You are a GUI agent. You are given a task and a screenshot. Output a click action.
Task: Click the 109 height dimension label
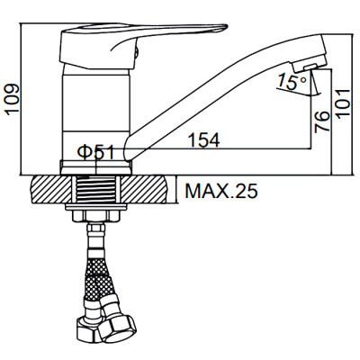click(13, 99)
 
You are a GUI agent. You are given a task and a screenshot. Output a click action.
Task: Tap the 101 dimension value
click(343, 103)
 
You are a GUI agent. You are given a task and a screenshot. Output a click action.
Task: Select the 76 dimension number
click(322, 121)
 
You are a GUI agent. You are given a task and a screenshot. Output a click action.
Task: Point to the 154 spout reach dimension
click(204, 139)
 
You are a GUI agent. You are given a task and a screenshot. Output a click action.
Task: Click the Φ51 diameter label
click(95, 152)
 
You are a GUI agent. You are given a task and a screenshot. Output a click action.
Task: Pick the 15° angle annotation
click(292, 82)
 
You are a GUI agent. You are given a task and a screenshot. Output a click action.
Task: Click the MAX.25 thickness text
click(221, 191)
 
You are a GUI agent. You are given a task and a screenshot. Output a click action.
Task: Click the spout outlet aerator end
click(310, 66)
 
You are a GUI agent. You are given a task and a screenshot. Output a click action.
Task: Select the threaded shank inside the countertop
click(95, 190)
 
